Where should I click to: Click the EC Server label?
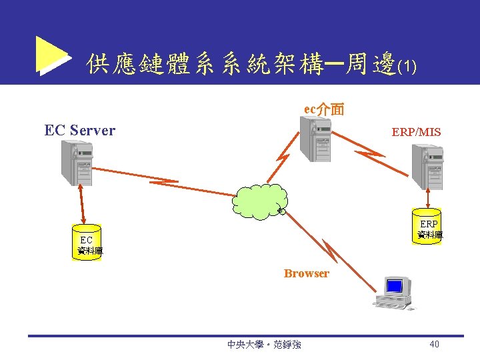79,130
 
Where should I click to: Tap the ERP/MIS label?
416,132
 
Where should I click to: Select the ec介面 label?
324,109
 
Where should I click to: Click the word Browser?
306,273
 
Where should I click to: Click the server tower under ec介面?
315,139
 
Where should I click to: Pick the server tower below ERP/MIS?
427,167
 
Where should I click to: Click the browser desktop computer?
394,294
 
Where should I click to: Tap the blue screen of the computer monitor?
395,286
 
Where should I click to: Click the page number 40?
434,345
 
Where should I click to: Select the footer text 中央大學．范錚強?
264,345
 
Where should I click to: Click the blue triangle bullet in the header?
51,55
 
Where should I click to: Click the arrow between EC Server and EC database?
82,203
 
